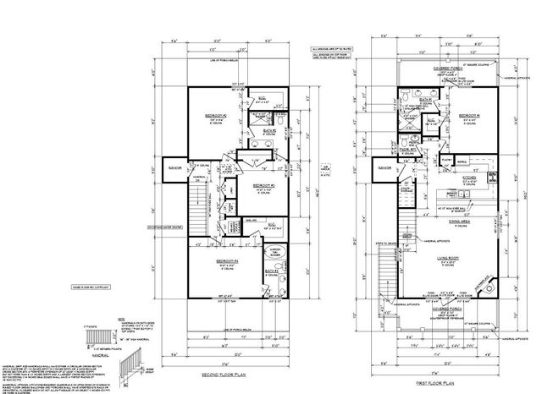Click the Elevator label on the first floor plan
click(x=384, y=167)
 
